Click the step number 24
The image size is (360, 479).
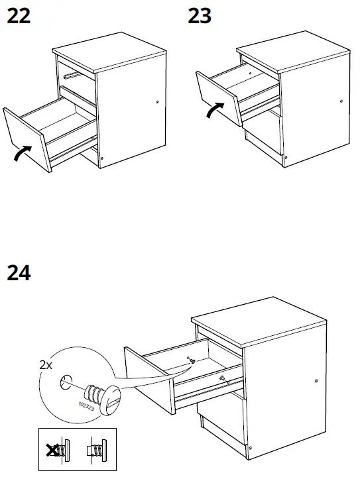[19, 272]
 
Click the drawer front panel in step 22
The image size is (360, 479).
[26, 139]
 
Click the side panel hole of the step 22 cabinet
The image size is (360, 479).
[156, 102]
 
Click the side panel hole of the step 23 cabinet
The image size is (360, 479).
[341, 102]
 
